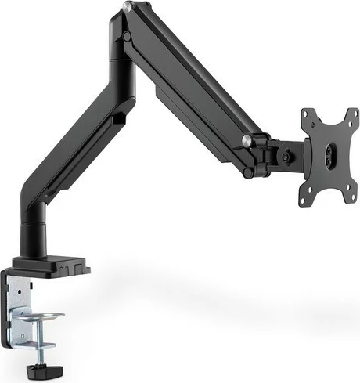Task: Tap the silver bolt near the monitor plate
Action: click(x=247, y=140)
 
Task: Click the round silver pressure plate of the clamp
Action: click(x=44, y=316)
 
